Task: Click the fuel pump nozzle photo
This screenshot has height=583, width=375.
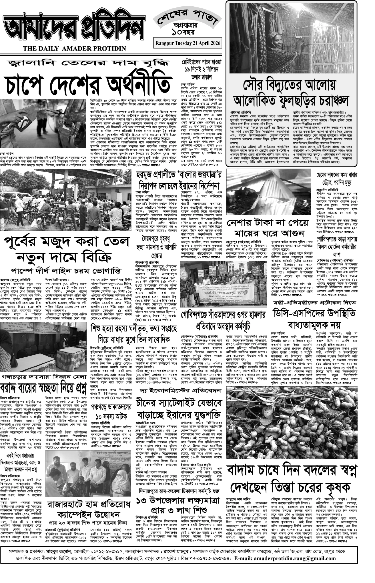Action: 44,123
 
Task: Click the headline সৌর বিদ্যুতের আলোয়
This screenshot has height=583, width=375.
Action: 290,85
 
